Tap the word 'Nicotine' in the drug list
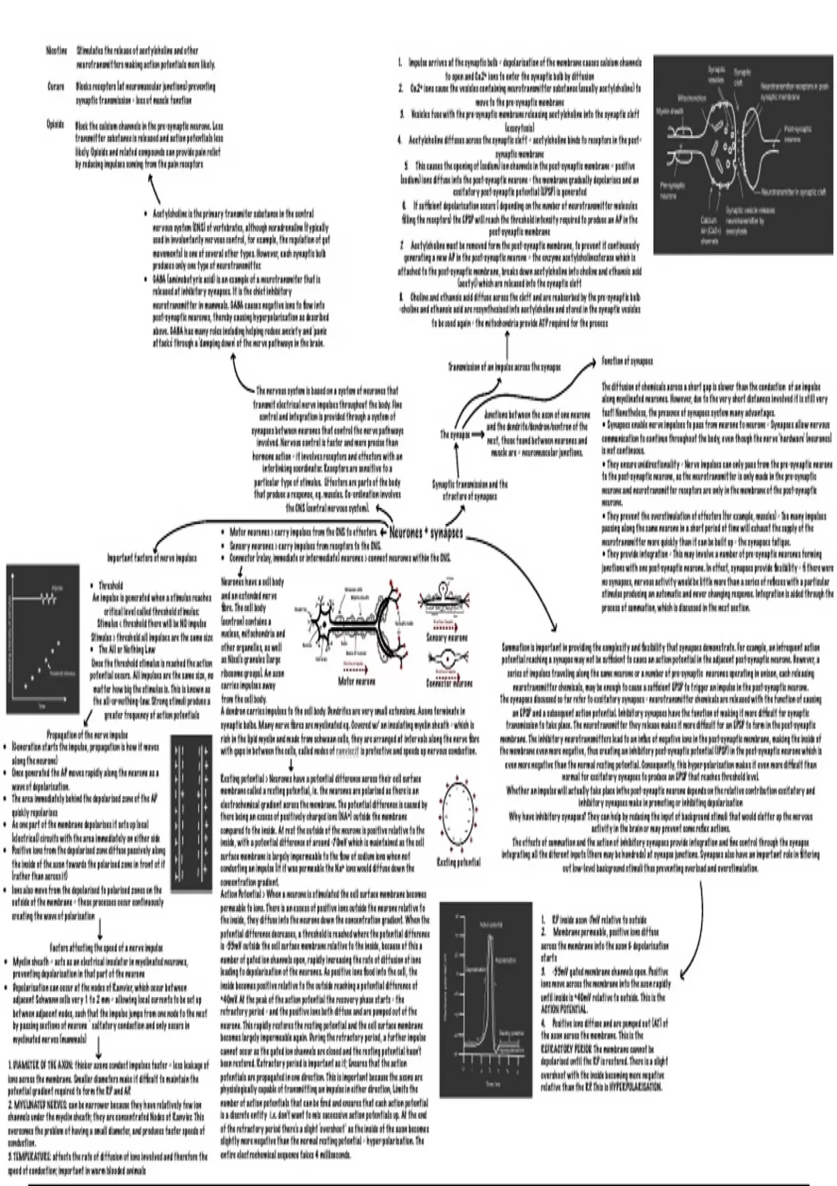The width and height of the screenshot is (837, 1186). point(56,51)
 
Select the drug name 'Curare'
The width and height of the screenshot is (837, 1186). point(56,87)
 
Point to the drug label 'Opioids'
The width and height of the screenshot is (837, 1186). point(55,125)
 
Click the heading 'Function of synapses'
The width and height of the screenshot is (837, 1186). point(627,361)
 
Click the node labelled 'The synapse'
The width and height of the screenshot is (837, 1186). point(455,434)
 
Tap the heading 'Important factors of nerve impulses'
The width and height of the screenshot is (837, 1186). point(151,558)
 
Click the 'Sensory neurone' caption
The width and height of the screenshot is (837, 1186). point(447,637)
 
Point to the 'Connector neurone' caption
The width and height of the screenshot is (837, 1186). point(449,683)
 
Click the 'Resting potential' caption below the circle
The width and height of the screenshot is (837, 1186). point(458,862)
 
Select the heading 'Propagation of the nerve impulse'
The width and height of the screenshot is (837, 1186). point(87,735)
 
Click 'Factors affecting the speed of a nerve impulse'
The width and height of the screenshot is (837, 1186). point(106,947)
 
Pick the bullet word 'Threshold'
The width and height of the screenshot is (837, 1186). point(111,585)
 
